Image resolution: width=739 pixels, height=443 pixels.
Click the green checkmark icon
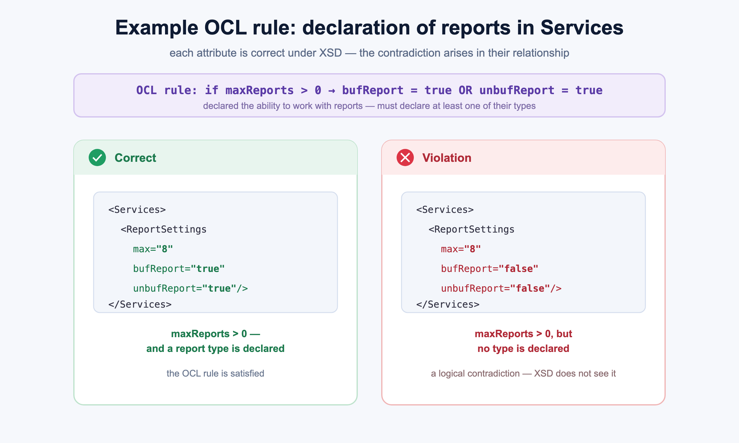pyautogui.click(x=97, y=158)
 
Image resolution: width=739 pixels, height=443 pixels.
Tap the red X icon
pyautogui.click(x=405, y=158)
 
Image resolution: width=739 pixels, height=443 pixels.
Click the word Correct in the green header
pyautogui.click(x=135, y=158)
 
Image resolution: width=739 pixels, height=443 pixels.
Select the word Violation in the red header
pyautogui.click(x=447, y=158)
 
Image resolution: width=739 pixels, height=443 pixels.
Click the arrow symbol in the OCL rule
pyautogui.click(x=332, y=90)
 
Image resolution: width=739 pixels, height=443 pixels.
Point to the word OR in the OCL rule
pyautogui.click(x=465, y=90)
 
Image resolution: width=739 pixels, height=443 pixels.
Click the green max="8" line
pyautogui.click(x=153, y=249)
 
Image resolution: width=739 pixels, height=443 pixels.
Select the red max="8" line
pyautogui.click(x=461, y=249)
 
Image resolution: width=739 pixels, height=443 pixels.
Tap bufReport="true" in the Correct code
pyautogui.click(x=179, y=269)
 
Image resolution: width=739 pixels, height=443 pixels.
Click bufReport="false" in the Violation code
pyautogui.click(x=490, y=269)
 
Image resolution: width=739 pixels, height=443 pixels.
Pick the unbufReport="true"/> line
pyautogui.click(x=190, y=288)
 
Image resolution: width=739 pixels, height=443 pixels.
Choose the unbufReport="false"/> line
pyautogui.click(x=501, y=288)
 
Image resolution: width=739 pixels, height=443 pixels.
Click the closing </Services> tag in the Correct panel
pyautogui.click(x=140, y=304)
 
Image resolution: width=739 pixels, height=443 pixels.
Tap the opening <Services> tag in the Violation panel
pyautogui.click(x=445, y=210)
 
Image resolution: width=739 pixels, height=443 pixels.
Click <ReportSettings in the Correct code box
pyautogui.click(x=164, y=229)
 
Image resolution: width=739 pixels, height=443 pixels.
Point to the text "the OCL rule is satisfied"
pyautogui.click(x=216, y=373)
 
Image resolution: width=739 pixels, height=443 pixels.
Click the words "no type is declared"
pyautogui.click(x=523, y=349)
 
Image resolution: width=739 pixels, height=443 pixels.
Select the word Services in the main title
pyautogui.click(x=582, y=28)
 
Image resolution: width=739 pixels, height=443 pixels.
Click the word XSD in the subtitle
pyautogui.click(x=330, y=53)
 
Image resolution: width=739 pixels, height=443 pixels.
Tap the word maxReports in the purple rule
pyautogui.click(x=260, y=90)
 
